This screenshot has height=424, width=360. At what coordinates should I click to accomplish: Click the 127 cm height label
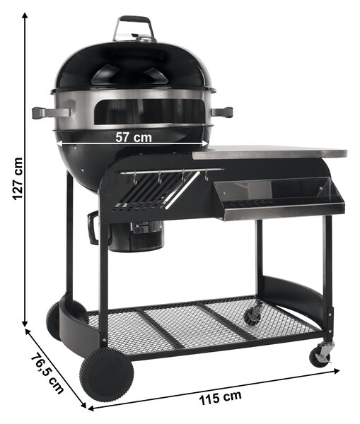pyautogui.click(x=17, y=179)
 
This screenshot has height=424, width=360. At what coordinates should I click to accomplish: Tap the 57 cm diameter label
pyautogui.click(x=134, y=137)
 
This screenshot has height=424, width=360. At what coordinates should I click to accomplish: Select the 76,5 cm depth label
pyautogui.click(x=47, y=374)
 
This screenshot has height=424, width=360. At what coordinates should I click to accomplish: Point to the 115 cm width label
pyautogui.click(x=221, y=397)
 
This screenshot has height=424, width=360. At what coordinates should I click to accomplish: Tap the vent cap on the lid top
pyautogui.click(x=146, y=39)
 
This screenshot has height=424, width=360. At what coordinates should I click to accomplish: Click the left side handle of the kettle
pyautogui.click(x=51, y=112)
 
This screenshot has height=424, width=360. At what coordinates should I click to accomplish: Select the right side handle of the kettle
pyautogui.click(x=221, y=112)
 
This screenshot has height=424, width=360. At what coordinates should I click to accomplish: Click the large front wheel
pyautogui.click(x=106, y=375)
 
